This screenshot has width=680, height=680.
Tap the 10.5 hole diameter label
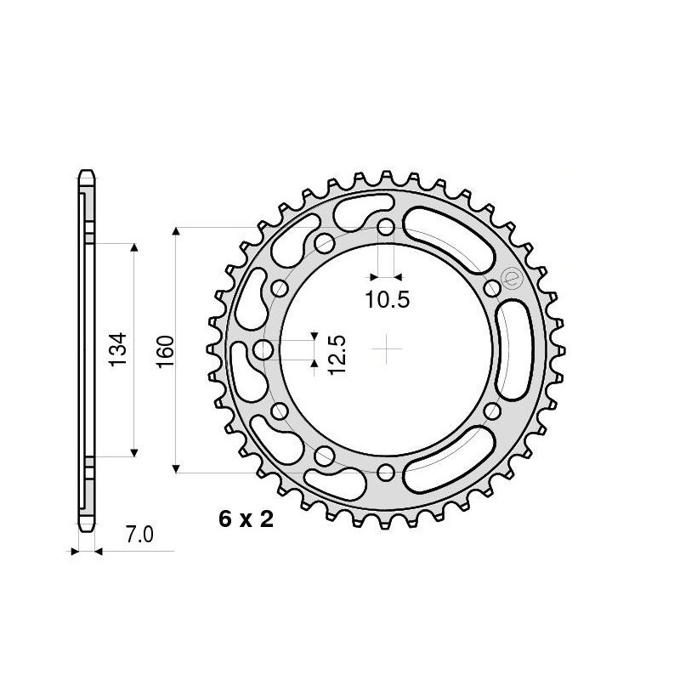coord(388,299)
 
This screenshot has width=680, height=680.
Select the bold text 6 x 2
coord(246,520)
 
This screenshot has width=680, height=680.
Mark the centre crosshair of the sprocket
coord(387,349)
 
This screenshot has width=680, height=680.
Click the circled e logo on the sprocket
coord(511,278)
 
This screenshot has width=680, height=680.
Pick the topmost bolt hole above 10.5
coord(387,227)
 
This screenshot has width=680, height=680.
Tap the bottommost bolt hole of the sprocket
coord(387,473)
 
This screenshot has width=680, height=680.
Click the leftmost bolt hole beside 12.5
coord(263,349)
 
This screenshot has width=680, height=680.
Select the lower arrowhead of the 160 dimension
coord(176,467)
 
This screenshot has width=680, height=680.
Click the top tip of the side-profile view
coord(86,169)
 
